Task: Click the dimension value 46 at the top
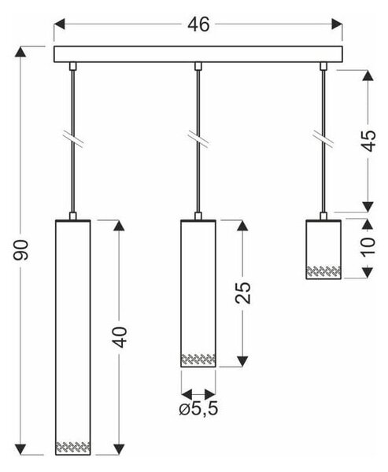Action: click(x=198, y=24)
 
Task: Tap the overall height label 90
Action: click(x=20, y=250)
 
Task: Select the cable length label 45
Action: click(x=368, y=141)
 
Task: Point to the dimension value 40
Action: click(x=120, y=337)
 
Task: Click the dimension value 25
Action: click(x=243, y=293)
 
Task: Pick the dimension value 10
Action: click(x=368, y=247)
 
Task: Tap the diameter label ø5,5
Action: click(x=198, y=409)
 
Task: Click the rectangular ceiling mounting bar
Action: click(x=198, y=54)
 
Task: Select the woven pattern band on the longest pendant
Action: click(x=73, y=447)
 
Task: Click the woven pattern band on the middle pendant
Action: click(x=198, y=360)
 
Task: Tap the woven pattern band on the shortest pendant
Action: click(x=323, y=271)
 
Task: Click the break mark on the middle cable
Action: click(x=198, y=139)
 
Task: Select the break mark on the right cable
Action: click(x=323, y=139)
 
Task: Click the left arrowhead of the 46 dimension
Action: click(x=59, y=24)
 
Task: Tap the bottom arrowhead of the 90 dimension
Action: click(x=20, y=449)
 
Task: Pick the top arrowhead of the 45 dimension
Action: click(x=368, y=76)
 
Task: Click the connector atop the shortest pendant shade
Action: click(x=323, y=216)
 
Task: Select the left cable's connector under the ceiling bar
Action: click(x=72, y=66)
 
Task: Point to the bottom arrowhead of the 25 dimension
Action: click(x=242, y=361)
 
